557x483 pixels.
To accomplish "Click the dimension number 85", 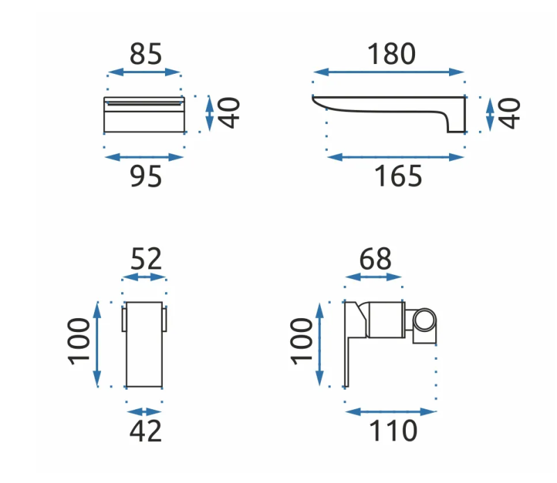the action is coord(146,54).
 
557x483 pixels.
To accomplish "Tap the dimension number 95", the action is coord(146,176).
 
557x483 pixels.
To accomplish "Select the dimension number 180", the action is coord(391,54).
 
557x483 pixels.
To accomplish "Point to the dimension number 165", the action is coord(398,176).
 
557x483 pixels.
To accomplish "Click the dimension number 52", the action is coord(146,259).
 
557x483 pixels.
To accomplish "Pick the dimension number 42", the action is coord(146,431).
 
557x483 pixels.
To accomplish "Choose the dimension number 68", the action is coord(375,259).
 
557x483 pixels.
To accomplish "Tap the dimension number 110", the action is coord(393,431).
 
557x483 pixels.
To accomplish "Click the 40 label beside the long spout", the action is coord(510,113).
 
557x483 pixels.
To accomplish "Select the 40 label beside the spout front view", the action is coord(228,113).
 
